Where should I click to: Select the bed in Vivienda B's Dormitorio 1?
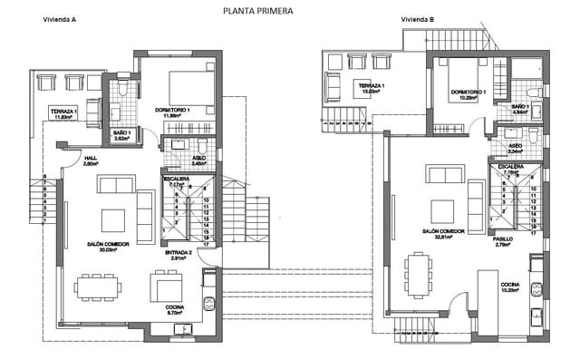point(477,76)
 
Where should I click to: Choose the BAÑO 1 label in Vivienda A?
point(123,133)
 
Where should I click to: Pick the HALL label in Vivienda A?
point(91,158)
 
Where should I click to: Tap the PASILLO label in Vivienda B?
point(503,239)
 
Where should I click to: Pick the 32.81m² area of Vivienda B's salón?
point(444,238)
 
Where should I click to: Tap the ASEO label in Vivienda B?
point(514,145)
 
